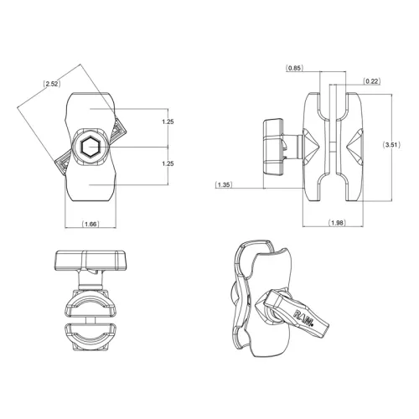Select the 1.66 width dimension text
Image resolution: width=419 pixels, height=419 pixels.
tap(91, 225)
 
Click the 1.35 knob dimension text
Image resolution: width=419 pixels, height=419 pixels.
tap(224, 184)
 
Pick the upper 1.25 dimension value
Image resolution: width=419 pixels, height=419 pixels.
tap(168, 122)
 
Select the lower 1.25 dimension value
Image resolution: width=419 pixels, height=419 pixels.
tap(168, 163)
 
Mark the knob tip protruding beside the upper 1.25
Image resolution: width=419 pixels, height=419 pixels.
tap(116, 130)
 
